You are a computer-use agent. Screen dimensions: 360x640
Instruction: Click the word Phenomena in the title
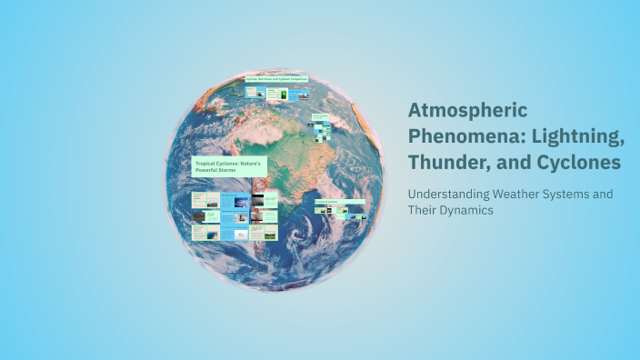click(x=455, y=135)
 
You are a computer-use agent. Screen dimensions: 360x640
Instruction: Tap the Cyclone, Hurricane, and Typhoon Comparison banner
click(x=276, y=79)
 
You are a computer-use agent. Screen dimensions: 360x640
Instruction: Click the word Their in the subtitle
click(x=423, y=210)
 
